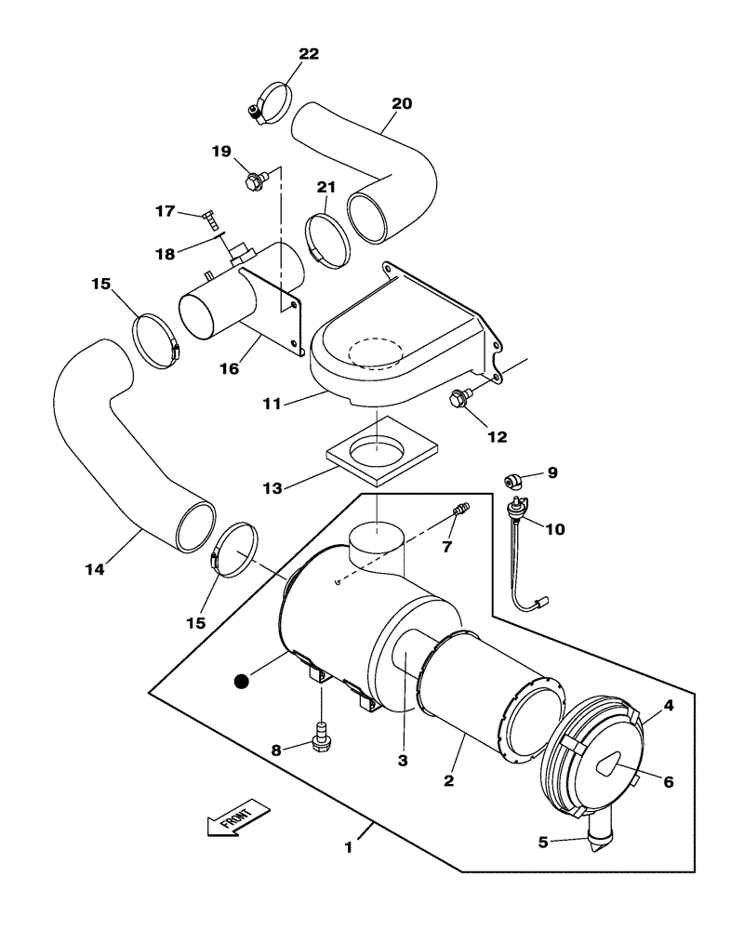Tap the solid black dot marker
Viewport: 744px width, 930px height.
point(243,682)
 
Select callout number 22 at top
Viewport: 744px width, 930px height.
point(308,54)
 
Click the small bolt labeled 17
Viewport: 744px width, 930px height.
point(213,219)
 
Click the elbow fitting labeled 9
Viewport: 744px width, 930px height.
point(511,480)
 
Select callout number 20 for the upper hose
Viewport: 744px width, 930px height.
point(401,105)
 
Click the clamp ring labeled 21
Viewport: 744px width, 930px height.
point(327,236)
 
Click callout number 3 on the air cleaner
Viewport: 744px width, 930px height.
point(403,760)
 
